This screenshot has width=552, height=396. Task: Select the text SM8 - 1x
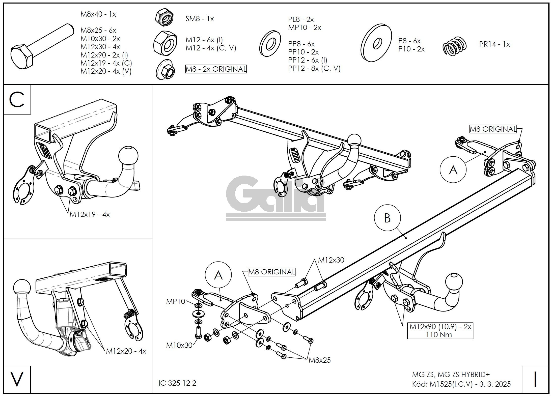tap(200, 19)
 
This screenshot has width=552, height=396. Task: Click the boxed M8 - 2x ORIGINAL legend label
tap(216, 69)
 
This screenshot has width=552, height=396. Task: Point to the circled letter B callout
tap(387, 218)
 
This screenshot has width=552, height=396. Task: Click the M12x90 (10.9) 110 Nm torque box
tap(440, 330)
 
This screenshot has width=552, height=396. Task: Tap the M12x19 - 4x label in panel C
tap(90, 214)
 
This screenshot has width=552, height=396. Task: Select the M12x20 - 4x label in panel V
tap(126, 351)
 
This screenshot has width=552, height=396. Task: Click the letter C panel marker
tap(17, 100)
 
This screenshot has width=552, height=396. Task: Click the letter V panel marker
tap(17, 379)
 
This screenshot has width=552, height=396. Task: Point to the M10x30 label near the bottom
tap(179, 345)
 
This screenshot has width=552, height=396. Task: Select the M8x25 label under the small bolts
tap(320, 360)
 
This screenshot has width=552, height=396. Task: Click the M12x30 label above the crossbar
tap(331, 260)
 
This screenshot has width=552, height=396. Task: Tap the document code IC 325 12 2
tap(177, 383)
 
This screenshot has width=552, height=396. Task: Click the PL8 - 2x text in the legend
tap(301, 19)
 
